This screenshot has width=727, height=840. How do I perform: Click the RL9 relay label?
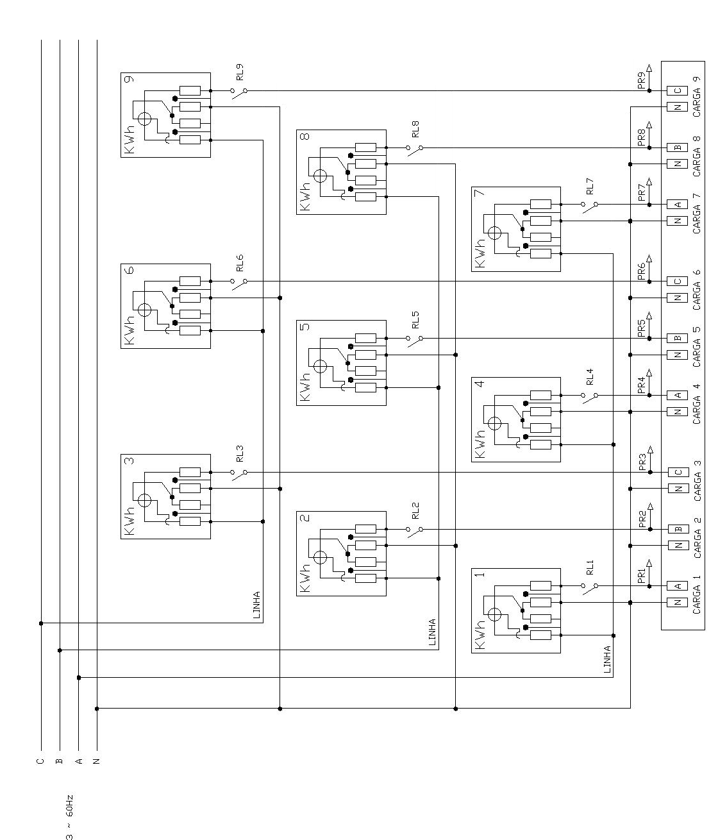click(x=240, y=72)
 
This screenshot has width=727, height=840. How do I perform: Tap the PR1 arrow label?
click(x=641, y=575)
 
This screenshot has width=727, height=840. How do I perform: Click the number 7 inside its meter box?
click(x=480, y=192)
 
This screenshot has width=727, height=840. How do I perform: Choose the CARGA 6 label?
click(x=696, y=290)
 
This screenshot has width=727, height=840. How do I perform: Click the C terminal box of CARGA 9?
click(x=678, y=90)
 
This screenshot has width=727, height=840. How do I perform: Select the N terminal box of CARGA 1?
click(x=678, y=602)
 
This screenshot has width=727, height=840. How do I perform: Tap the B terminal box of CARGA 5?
click(x=678, y=338)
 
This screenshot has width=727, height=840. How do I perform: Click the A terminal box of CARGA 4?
click(x=678, y=395)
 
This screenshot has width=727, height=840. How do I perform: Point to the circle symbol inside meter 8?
click(x=320, y=176)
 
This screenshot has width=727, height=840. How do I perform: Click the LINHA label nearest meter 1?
click(x=607, y=659)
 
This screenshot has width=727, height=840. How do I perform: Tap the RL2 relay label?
click(x=415, y=511)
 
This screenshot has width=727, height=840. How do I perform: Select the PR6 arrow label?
click(x=641, y=271)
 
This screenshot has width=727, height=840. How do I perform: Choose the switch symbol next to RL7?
click(x=590, y=207)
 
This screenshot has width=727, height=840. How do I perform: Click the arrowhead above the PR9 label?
click(x=649, y=68)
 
